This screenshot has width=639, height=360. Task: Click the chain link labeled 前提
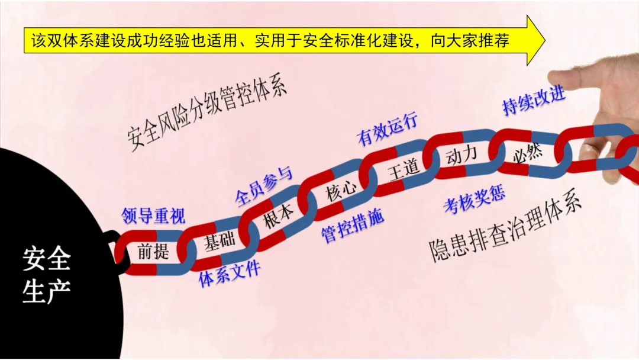click(153, 252)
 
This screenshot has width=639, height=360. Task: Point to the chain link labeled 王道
click(403, 168)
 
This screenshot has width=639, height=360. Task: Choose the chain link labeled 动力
click(461, 155)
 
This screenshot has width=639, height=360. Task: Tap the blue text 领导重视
click(153, 216)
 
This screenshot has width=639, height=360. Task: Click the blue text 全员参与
click(263, 187)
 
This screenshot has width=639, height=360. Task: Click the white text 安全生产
click(47, 275)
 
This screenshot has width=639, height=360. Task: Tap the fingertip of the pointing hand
click(554, 77)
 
